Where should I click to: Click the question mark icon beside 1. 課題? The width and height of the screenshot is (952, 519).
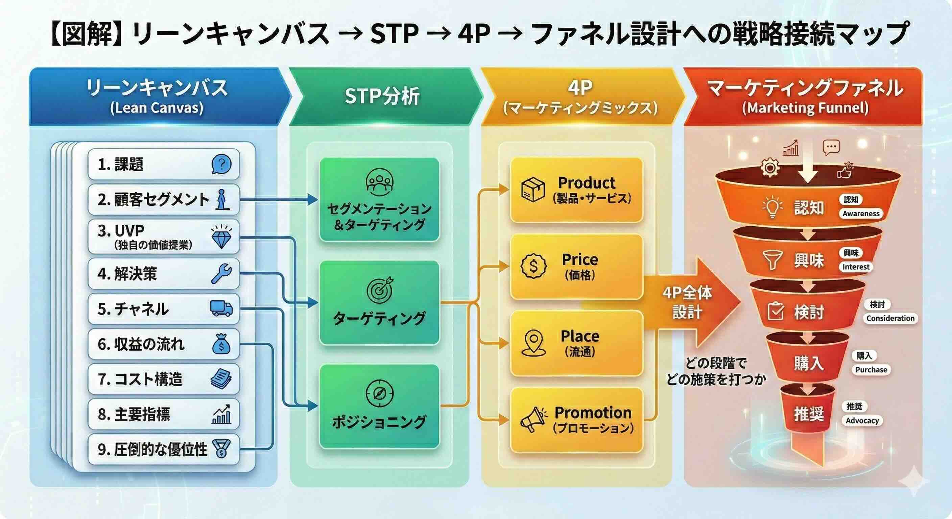coord(222,164)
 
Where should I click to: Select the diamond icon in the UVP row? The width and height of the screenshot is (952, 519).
coord(222,237)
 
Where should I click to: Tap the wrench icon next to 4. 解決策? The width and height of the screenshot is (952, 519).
coord(221,274)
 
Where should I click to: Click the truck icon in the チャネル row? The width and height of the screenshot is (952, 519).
coord(221,308)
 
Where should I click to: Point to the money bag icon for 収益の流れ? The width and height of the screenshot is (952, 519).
coord(221,344)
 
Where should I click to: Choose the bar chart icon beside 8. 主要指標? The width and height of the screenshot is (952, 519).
coord(222,414)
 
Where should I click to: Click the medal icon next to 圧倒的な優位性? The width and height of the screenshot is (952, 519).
coord(221,449)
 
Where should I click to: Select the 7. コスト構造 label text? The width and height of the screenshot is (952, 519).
coord(140,379)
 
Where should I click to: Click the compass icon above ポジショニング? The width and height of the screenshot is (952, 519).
coord(380,394)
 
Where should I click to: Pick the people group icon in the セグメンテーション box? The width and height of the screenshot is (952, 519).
coord(380,182)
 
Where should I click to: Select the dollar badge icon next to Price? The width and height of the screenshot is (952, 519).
coord(533,266)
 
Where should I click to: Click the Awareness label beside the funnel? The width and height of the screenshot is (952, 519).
coord(861,214)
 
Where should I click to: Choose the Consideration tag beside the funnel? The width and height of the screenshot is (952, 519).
coord(890,318)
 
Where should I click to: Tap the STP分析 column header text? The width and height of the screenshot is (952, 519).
coord(382,96)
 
